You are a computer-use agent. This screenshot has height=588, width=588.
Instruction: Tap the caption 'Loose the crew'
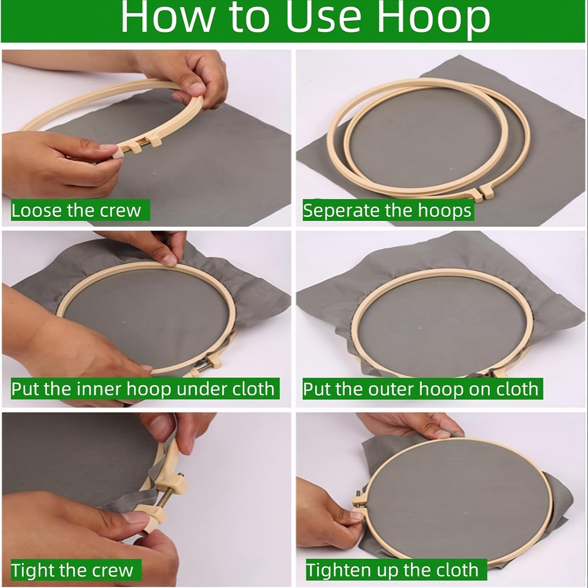(x=76, y=210)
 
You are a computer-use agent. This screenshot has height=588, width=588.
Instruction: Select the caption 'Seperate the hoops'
(x=387, y=210)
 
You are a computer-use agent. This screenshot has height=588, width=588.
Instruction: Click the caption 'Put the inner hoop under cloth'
(x=143, y=389)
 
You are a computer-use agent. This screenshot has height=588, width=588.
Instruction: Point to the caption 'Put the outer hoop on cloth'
(x=420, y=389)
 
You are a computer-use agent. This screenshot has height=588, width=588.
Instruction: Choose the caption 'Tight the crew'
(x=72, y=570)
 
